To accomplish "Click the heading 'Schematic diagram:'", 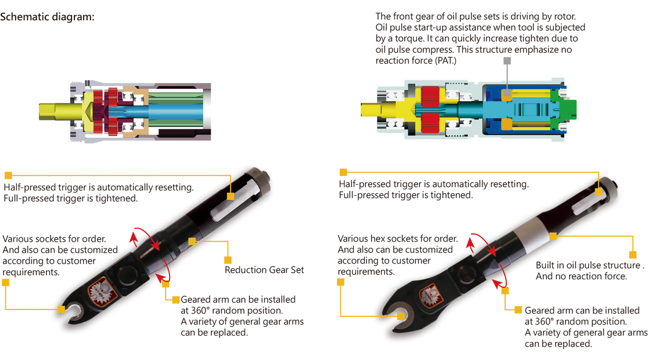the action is click(47, 17).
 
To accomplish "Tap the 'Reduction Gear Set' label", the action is click(264, 270).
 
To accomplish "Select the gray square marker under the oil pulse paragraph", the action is click(507, 61).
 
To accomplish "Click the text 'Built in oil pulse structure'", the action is click(588, 265).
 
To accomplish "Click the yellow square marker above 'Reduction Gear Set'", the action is click(228, 260).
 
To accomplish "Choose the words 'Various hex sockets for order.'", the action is click(398, 239).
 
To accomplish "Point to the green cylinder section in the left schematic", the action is click(175, 110).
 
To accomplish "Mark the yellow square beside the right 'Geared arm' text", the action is click(519, 310).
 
